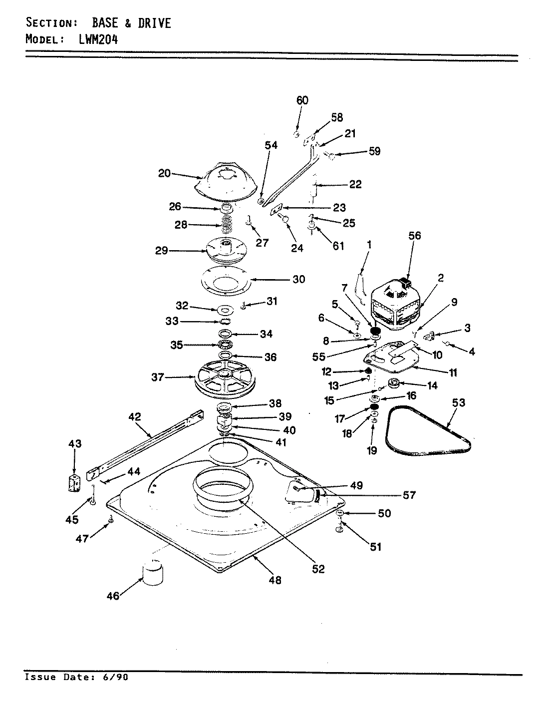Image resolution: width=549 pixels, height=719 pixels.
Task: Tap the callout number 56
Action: click(414, 236)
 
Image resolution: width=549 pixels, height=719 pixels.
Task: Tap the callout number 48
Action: click(275, 580)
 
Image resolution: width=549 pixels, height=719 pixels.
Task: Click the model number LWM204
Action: click(98, 39)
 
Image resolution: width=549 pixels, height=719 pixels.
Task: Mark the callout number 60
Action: click(302, 100)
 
